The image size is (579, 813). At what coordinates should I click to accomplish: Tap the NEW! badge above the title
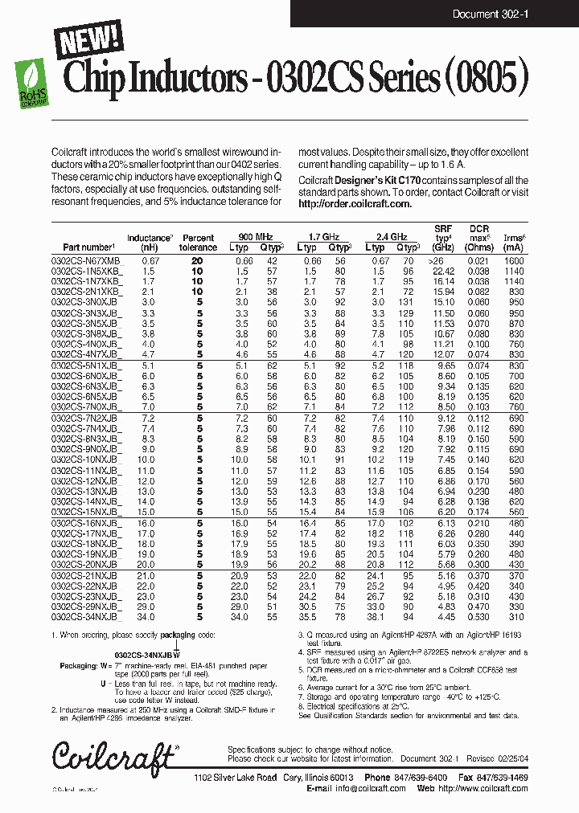(89, 39)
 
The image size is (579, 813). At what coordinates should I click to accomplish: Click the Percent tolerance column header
(198, 243)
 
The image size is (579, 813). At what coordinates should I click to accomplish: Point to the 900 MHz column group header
(256, 238)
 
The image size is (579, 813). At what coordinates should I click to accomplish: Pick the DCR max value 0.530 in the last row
(479, 617)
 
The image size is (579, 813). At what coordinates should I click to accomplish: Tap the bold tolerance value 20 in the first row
(197, 261)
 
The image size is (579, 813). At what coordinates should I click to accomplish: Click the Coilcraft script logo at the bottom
(113, 758)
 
